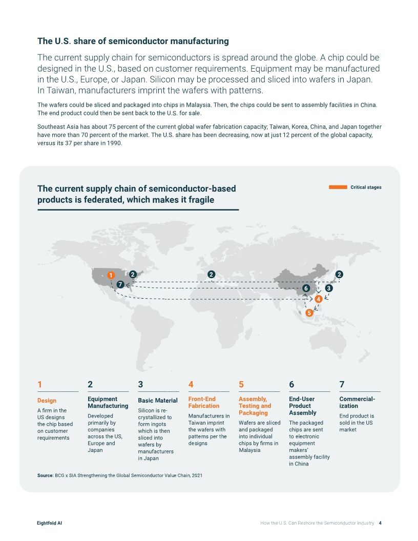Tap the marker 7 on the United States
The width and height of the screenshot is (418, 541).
[x=120, y=284]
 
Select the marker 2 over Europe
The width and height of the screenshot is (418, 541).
[x=211, y=275]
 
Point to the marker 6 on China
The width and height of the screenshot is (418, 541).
[x=306, y=288]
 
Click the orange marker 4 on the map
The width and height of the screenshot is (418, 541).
[x=318, y=299]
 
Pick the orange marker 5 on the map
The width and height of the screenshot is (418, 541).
[x=309, y=313]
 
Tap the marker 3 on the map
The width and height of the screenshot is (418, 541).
[x=329, y=288]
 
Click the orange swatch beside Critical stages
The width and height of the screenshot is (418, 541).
[x=338, y=188]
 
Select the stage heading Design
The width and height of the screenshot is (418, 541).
[x=47, y=401]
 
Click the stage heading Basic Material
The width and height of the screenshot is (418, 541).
[x=158, y=401]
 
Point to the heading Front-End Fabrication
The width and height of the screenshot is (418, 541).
[x=203, y=402]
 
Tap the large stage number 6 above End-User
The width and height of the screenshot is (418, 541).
[x=291, y=384]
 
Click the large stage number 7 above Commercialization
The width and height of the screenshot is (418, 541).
[x=342, y=384]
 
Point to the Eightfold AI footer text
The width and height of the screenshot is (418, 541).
[x=50, y=523]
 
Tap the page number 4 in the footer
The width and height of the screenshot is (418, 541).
[x=380, y=523]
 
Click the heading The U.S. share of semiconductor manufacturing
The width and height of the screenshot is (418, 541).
[x=133, y=41]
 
